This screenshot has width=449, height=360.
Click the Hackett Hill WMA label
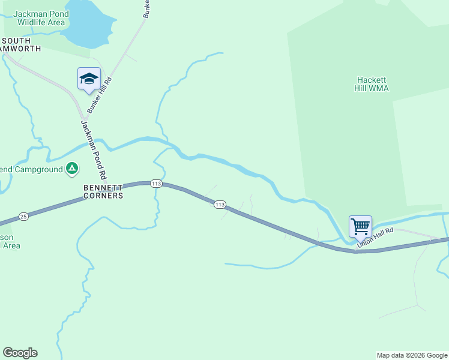(373, 84)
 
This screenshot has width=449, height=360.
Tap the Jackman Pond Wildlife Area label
(40, 18)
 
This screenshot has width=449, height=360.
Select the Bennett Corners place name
(103, 191)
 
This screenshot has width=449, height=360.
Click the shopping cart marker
(360, 227)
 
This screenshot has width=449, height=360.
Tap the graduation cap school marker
(89, 79)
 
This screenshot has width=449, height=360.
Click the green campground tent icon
(72, 169)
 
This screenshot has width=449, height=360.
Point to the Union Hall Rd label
(375, 237)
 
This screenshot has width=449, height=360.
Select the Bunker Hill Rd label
(100, 95)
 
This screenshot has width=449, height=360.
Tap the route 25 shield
(23, 216)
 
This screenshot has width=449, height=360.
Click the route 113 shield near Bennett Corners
(156, 184)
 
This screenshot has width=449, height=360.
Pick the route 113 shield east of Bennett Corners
(220, 205)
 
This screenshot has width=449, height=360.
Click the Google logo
(20, 353)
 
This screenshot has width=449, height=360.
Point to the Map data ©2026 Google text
(412, 355)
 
